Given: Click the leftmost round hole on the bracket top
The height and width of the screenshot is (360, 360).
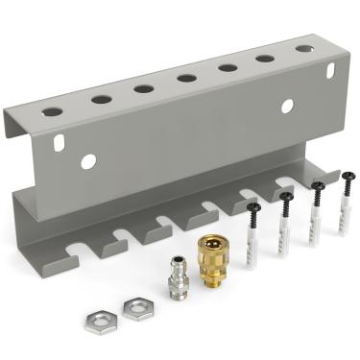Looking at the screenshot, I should click(53, 112).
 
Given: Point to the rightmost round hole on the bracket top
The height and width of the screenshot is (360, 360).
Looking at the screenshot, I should click(303, 48).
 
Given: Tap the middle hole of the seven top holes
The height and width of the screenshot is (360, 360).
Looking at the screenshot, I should click(187, 79).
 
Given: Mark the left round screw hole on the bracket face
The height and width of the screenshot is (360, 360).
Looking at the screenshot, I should click(88, 162).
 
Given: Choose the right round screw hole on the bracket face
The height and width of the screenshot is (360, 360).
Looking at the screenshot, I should click(287, 107).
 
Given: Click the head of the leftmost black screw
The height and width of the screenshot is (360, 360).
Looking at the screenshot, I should click(252, 206).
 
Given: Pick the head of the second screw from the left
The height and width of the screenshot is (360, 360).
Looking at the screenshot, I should click(285, 197).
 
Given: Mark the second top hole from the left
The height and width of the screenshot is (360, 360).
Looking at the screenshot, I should click(101, 100).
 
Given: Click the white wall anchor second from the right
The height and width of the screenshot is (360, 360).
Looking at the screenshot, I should click(316, 223).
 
